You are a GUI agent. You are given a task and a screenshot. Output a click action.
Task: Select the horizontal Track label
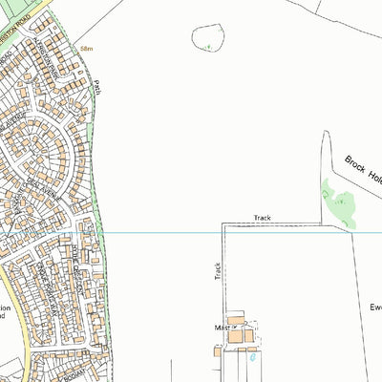click(263, 219)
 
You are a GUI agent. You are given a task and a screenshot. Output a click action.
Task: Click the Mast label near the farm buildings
click(223, 326)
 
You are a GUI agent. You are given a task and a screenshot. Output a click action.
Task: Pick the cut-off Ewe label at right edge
click(374, 308)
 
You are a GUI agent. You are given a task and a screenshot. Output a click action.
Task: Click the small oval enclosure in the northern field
click(207, 38)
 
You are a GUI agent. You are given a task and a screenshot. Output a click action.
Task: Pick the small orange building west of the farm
click(218, 350)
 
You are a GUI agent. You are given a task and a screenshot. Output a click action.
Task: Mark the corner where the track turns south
click(223, 224)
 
